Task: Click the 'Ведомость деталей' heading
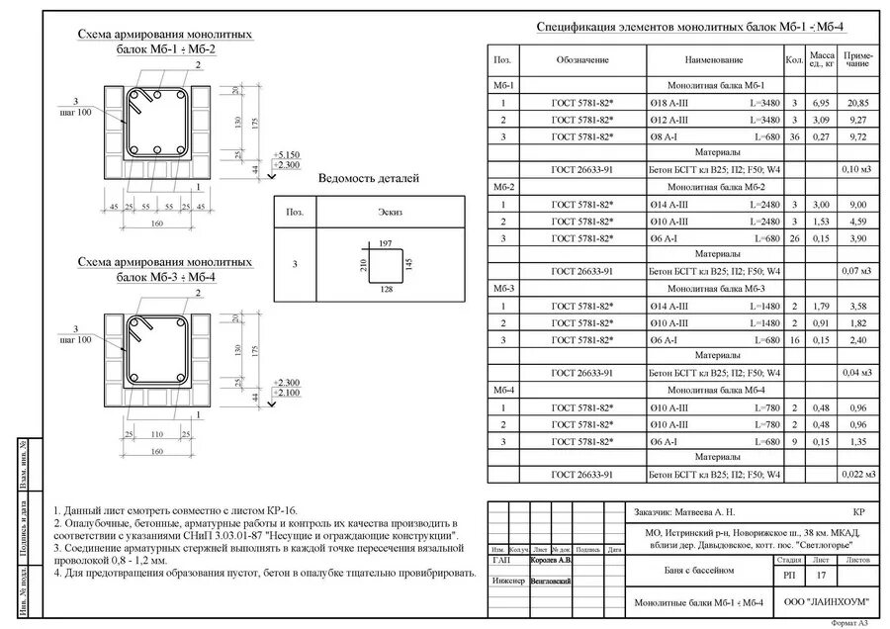coord(369,179)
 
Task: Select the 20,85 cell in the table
coord(856,103)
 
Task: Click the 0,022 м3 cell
coord(856,475)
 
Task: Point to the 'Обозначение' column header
coord(581,60)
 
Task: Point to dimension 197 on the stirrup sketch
coord(386,242)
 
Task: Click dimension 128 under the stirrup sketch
coord(386,289)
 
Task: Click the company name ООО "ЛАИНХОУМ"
coord(825,602)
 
